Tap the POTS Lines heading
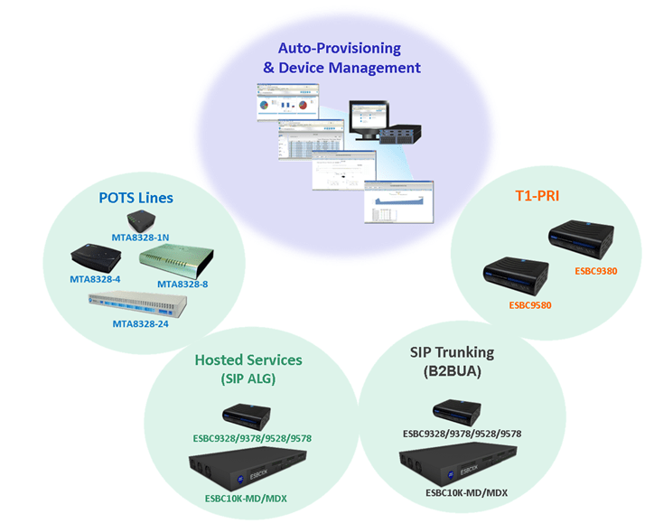135,196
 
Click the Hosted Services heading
248,360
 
